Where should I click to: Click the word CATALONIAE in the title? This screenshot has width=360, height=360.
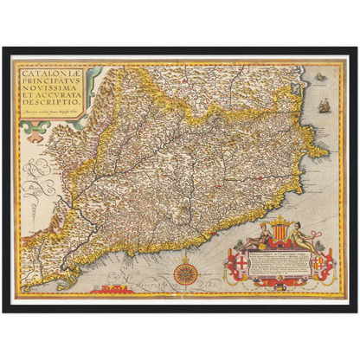(48, 75)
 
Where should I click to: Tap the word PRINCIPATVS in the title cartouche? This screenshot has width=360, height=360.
(48, 86)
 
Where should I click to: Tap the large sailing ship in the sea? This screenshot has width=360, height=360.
(324, 106)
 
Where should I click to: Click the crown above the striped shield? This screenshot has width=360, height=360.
(279, 215)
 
